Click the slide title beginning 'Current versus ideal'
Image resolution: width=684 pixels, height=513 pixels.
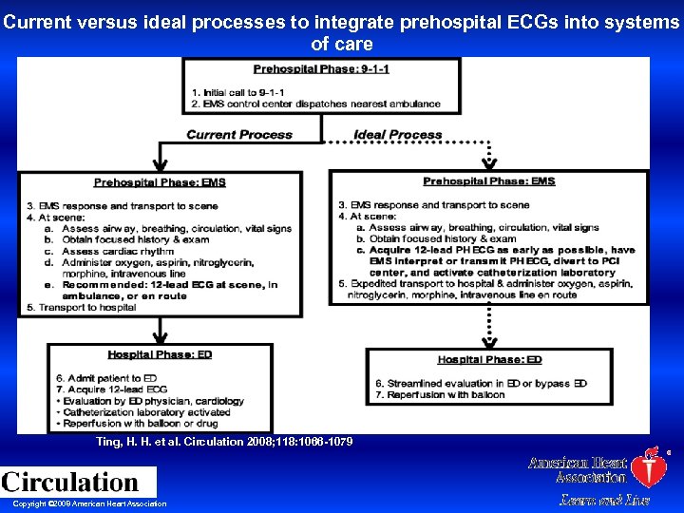[x=342, y=32]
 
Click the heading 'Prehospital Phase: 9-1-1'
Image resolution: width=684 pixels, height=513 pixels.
[x=321, y=69]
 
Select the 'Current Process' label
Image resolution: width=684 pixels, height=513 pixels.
[x=239, y=134]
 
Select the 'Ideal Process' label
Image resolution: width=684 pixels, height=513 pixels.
[x=397, y=135]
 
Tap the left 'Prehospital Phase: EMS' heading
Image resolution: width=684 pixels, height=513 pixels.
[x=160, y=182]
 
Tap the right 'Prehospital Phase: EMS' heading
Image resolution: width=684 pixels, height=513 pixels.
[x=488, y=181]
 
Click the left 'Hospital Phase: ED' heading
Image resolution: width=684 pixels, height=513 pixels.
[x=160, y=354]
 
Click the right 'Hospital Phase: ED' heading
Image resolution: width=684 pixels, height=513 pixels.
[x=489, y=360]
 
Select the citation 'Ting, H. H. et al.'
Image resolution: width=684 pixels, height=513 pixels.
[x=224, y=442]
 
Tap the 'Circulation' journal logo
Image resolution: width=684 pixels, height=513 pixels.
[x=70, y=482]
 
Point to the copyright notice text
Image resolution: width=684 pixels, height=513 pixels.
[x=89, y=503]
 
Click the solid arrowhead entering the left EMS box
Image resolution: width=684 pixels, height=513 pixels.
[x=160, y=163]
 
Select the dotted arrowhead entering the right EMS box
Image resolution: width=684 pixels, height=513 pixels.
[x=488, y=162]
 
